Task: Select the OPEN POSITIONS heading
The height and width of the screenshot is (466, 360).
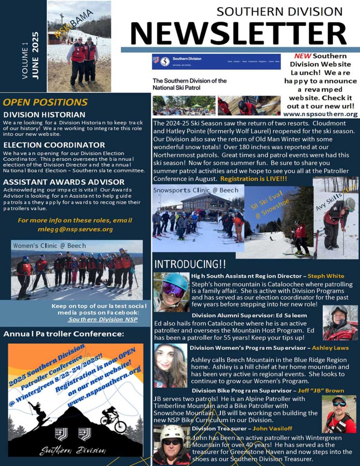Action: click(45, 102)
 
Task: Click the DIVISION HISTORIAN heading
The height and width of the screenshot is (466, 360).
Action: click(44, 115)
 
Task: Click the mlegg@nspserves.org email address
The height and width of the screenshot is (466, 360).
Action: click(75, 229)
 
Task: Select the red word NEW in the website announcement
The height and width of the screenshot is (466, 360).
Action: click(303, 56)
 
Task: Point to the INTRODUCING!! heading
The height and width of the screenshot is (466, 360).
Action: click(190, 264)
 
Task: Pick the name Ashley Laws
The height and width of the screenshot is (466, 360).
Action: click(330, 348)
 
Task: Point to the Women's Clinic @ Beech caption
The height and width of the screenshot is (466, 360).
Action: click(50, 246)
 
